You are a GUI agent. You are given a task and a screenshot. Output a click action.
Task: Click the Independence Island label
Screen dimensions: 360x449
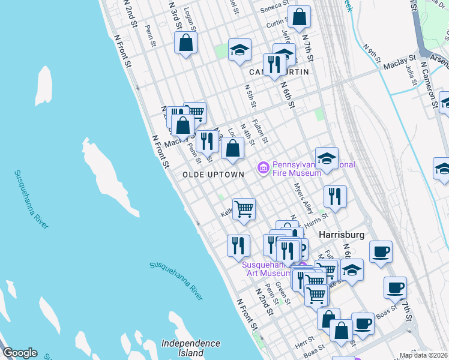point(191,347)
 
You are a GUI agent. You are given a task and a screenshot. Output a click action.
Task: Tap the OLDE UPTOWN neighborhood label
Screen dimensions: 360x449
point(214,175)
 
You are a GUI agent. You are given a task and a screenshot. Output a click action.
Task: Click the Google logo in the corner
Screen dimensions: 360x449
point(20,353)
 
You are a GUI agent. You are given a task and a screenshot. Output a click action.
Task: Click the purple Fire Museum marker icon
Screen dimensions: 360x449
point(263,166)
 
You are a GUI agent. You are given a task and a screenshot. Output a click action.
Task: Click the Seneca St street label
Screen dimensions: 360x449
point(276,10)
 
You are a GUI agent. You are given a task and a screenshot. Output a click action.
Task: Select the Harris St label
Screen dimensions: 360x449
point(316,220)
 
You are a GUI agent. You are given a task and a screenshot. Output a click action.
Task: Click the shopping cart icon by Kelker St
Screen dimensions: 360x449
point(244,209)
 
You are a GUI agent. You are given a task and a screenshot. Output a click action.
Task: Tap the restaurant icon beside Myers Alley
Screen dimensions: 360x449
point(335,196)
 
